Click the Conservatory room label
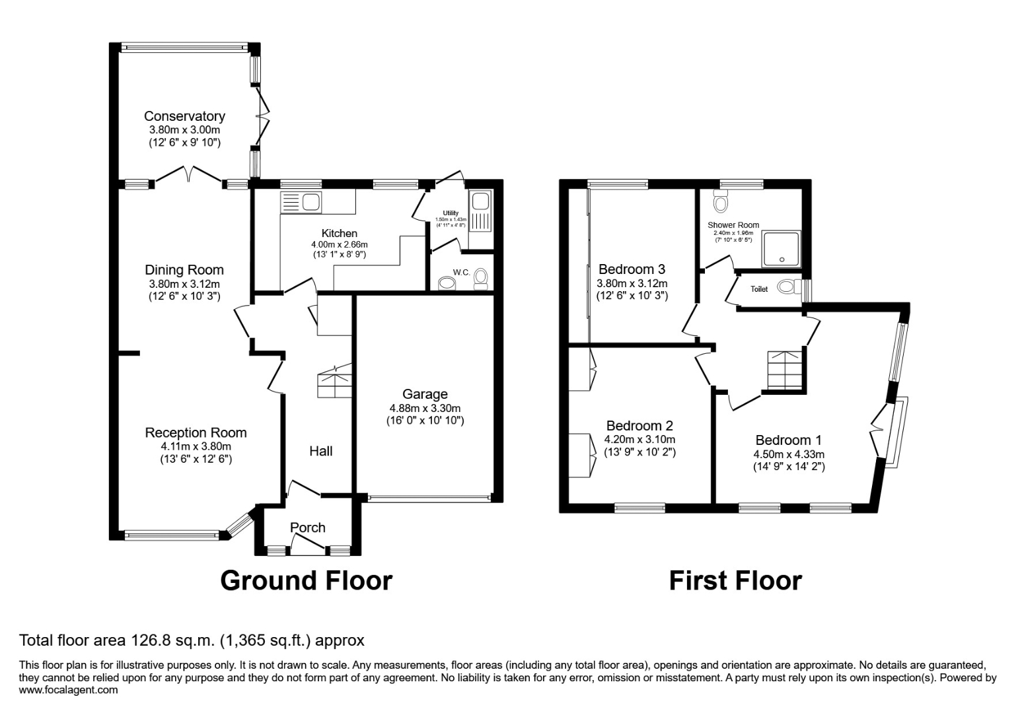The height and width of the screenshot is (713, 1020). pos(184,116)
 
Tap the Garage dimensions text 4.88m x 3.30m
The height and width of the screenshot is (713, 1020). pos(425,408)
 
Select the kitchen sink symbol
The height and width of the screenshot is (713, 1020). pos(301,202)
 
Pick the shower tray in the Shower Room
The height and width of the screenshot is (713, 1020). pos(782,249)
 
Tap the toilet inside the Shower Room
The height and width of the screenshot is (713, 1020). pos(721,201)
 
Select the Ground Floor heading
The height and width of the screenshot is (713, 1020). pos(306,580)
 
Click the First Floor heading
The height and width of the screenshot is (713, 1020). pos(735,580)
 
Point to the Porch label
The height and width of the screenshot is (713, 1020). pos(308,527)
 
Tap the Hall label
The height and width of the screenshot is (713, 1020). pos(321,451)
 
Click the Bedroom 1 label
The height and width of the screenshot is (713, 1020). pos(789,440)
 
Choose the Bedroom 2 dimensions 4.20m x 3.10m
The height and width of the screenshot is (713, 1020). pos(640,440)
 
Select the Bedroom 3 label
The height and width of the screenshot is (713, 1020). pos(632,269)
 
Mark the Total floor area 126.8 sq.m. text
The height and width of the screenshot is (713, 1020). pos(192,640)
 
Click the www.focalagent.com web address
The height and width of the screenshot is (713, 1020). pos(69,690)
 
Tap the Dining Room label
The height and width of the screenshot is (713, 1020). pos(184,270)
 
